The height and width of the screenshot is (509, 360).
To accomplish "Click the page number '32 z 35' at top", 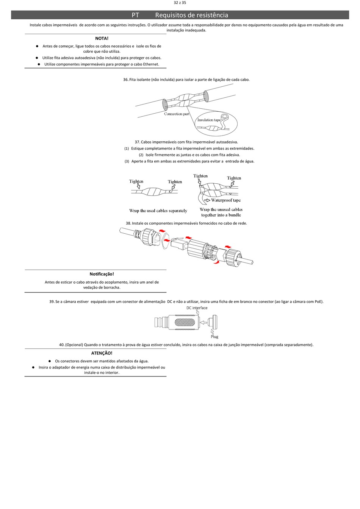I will [x=180, y=3].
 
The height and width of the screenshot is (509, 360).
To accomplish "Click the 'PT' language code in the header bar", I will [x=135, y=15].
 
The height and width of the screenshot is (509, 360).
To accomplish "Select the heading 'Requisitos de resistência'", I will [x=191, y=15].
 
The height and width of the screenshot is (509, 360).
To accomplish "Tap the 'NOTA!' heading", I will [x=102, y=38].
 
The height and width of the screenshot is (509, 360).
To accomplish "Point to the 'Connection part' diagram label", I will [x=177, y=114].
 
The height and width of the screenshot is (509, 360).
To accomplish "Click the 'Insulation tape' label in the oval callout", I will [x=209, y=120].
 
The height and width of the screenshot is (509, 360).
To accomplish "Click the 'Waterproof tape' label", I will [x=226, y=200].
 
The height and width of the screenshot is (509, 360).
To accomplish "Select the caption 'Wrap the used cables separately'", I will [x=158, y=211].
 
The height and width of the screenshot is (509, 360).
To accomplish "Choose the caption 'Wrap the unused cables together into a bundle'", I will [x=221, y=212].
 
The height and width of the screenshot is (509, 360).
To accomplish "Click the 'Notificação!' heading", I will [x=102, y=274].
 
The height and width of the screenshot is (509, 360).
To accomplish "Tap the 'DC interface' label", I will [x=197, y=308].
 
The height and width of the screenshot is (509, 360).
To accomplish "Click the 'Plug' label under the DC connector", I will [x=214, y=337].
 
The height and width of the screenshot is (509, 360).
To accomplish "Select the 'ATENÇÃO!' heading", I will [x=102, y=353].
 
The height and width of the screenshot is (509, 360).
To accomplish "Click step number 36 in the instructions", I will [x=125, y=80].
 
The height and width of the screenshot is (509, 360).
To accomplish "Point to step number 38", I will [x=128, y=223].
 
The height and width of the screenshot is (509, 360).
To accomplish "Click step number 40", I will [x=62, y=345].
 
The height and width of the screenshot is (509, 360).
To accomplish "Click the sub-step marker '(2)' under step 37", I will [x=141, y=155].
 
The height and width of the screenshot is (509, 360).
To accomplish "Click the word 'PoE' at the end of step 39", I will [x=318, y=302].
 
